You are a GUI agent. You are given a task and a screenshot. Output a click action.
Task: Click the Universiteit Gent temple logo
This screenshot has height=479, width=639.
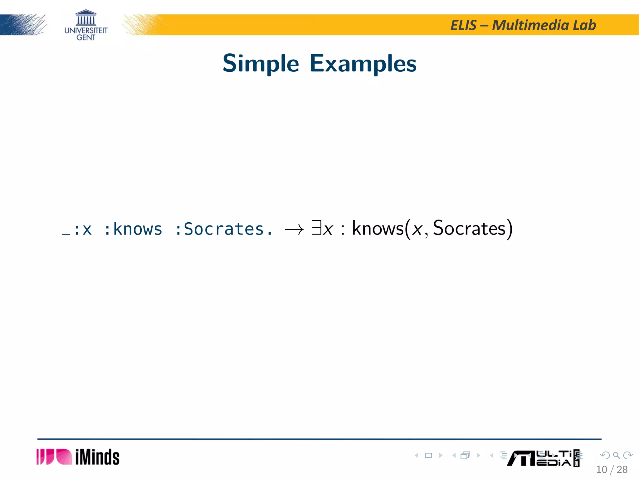(x=86, y=18)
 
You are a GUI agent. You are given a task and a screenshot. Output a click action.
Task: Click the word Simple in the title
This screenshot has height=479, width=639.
(x=261, y=64)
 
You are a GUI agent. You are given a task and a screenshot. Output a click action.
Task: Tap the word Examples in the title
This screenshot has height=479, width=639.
(x=363, y=64)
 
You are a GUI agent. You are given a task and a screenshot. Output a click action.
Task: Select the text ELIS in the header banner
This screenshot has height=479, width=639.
(x=463, y=25)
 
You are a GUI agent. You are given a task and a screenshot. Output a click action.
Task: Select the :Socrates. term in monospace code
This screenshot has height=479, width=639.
(x=223, y=230)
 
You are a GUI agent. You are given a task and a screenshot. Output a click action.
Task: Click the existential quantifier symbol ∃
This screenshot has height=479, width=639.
(x=316, y=228)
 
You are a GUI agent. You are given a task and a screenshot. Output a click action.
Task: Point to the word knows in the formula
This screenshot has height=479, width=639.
(x=378, y=229)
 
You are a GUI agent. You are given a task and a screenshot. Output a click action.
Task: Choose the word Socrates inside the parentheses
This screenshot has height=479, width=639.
(x=469, y=229)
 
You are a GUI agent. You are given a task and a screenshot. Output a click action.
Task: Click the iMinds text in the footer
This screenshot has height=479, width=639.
(x=97, y=457)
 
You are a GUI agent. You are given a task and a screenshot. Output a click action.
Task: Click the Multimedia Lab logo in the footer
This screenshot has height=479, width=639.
(x=543, y=458)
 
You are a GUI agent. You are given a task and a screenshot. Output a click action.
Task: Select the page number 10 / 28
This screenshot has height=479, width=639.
(x=612, y=470)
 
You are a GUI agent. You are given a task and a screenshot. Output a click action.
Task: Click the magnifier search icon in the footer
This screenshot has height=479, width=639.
(x=616, y=455)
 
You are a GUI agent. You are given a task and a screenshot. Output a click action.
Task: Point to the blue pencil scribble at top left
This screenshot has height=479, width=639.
(x=23, y=25)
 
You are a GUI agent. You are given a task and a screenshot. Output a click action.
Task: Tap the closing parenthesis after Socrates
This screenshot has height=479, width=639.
(x=509, y=229)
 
